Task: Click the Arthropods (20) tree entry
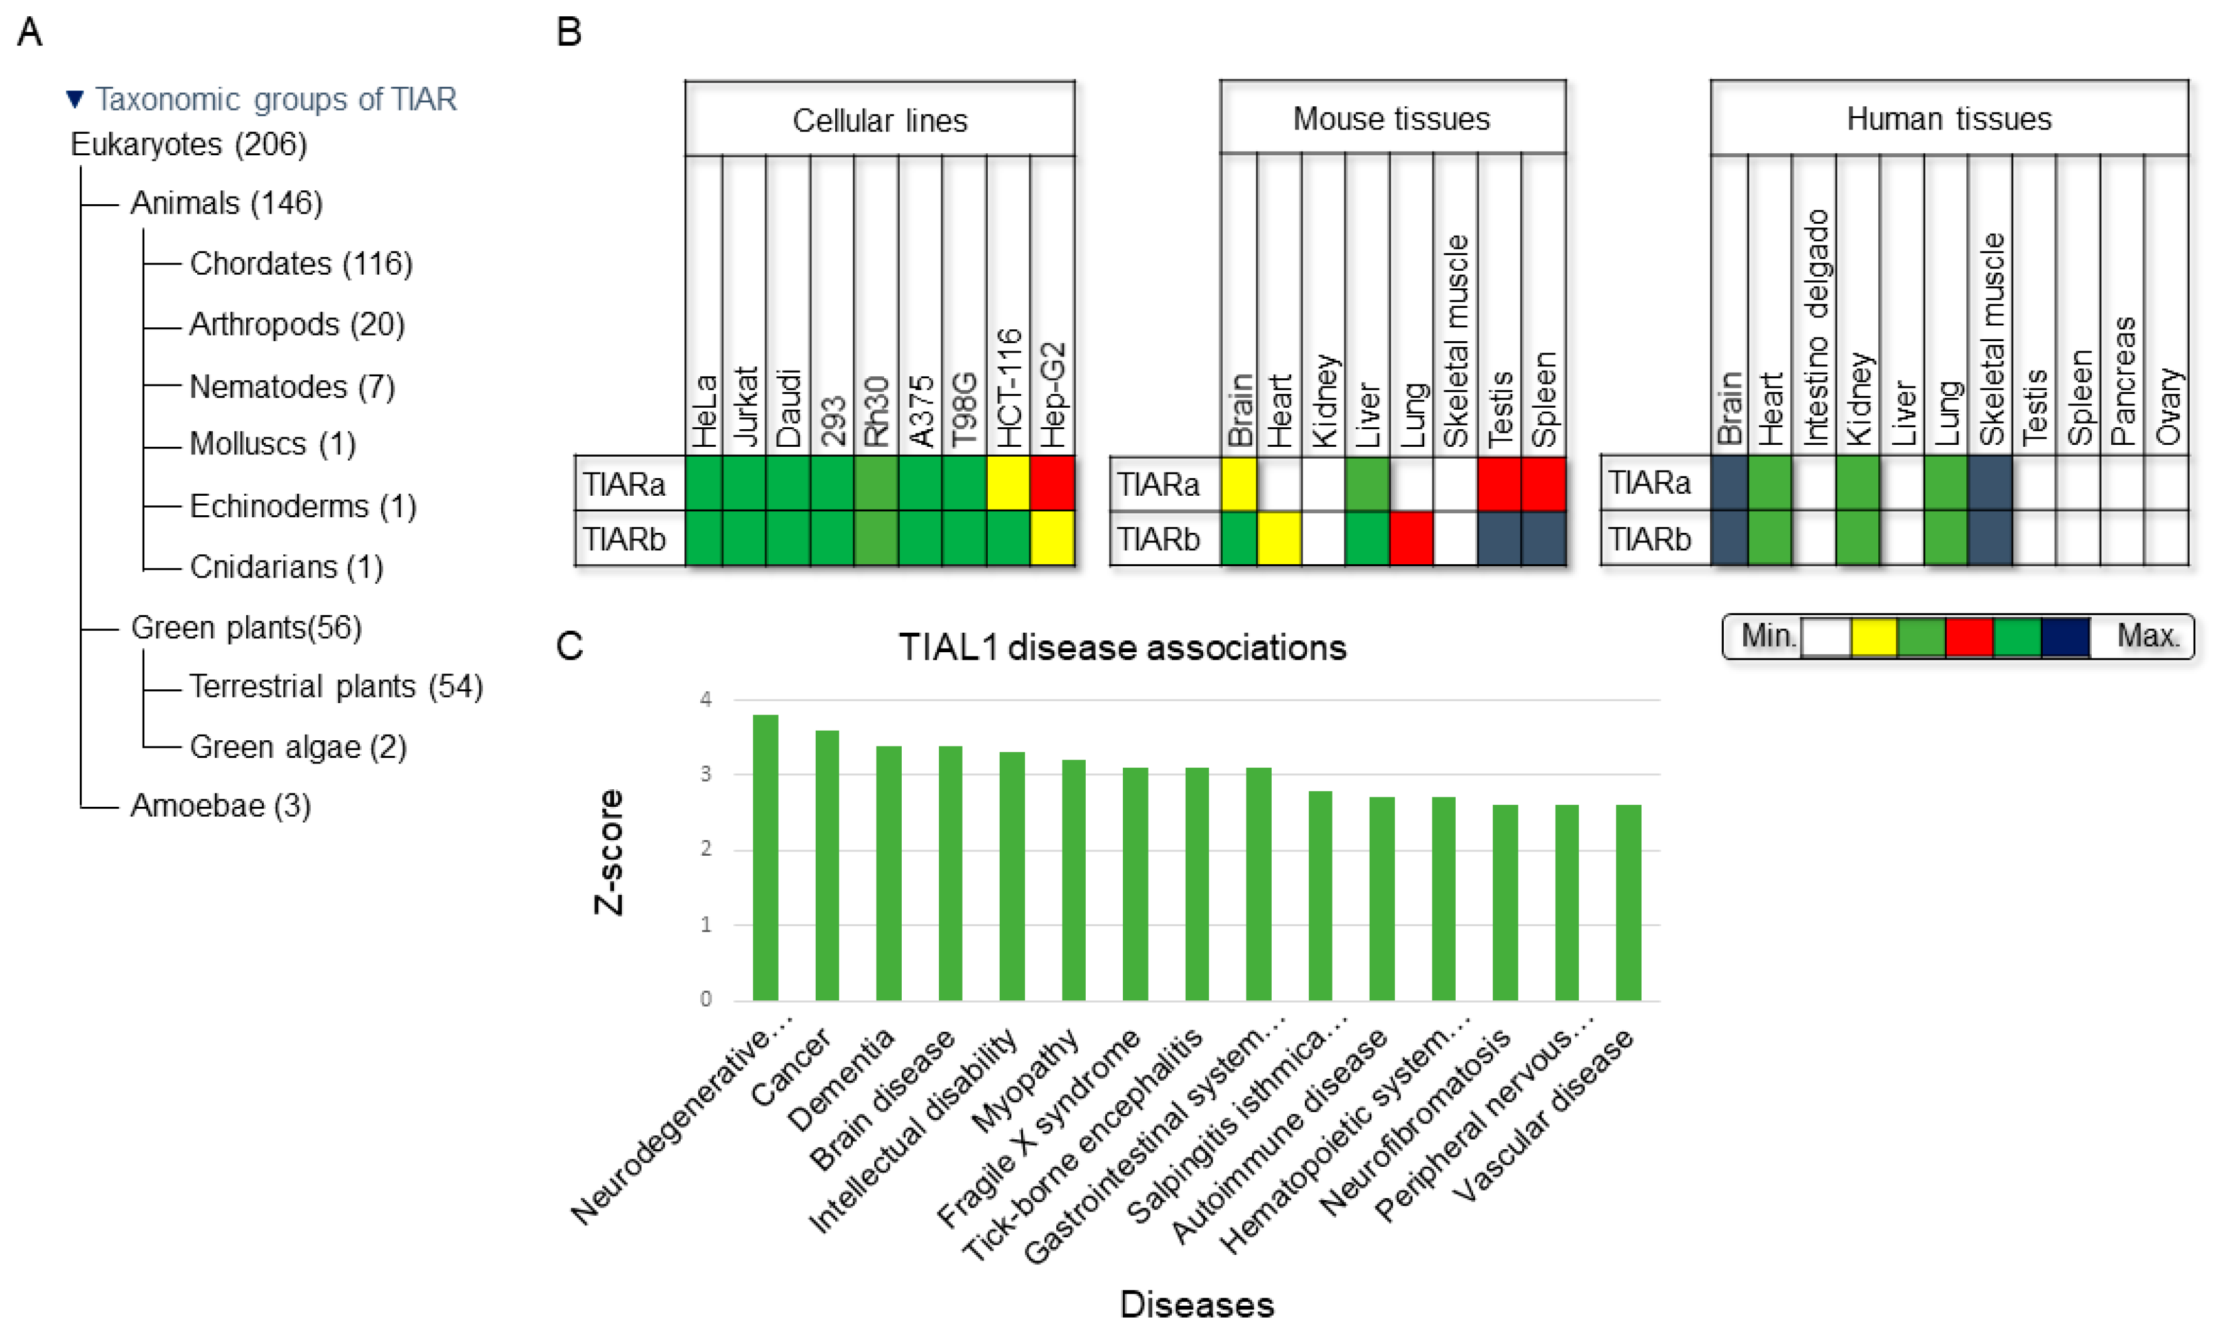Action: pyautogui.click(x=296, y=324)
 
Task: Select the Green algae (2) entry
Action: pyautogui.click(x=298, y=746)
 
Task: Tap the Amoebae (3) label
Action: pyautogui.click(x=220, y=805)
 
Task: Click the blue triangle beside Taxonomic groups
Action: pyautogui.click(x=75, y=98)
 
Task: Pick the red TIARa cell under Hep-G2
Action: pyautogui.click(x=1052, y=484)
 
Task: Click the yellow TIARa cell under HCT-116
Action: pyautogui.click(x=1008, y=484)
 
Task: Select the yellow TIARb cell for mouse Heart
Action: pyautogui.click(x=1279, y=538)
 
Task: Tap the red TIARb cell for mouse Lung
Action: pyautogui.click(x=1412, y=538)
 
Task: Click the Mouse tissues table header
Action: pyautogui.click(x=1392, y=119)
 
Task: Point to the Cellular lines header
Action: pyautogui.click(x=879, y=121)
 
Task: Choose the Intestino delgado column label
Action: pyautogui.click(x=1815, y=329)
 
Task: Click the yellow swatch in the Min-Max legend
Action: pyautogui.click(x=1874, y=637)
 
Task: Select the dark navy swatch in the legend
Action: pyautogui.click(x=2065, y=637)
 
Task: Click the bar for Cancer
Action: pyautogui.click(x=826, y=865)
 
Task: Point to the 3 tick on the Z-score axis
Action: pyautogui.click(x=706, y=774)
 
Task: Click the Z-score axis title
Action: pyautogui.click(x=609, y=852)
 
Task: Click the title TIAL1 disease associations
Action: pyautogui.click(x=1123, y=647)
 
